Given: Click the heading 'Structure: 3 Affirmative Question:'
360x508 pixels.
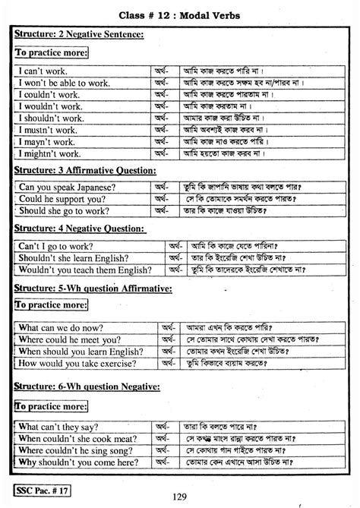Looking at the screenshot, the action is click(85, 169).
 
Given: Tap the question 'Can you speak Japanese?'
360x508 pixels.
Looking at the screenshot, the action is click(68, 186).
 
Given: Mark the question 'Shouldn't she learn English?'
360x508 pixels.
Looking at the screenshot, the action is click(79, 257).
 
